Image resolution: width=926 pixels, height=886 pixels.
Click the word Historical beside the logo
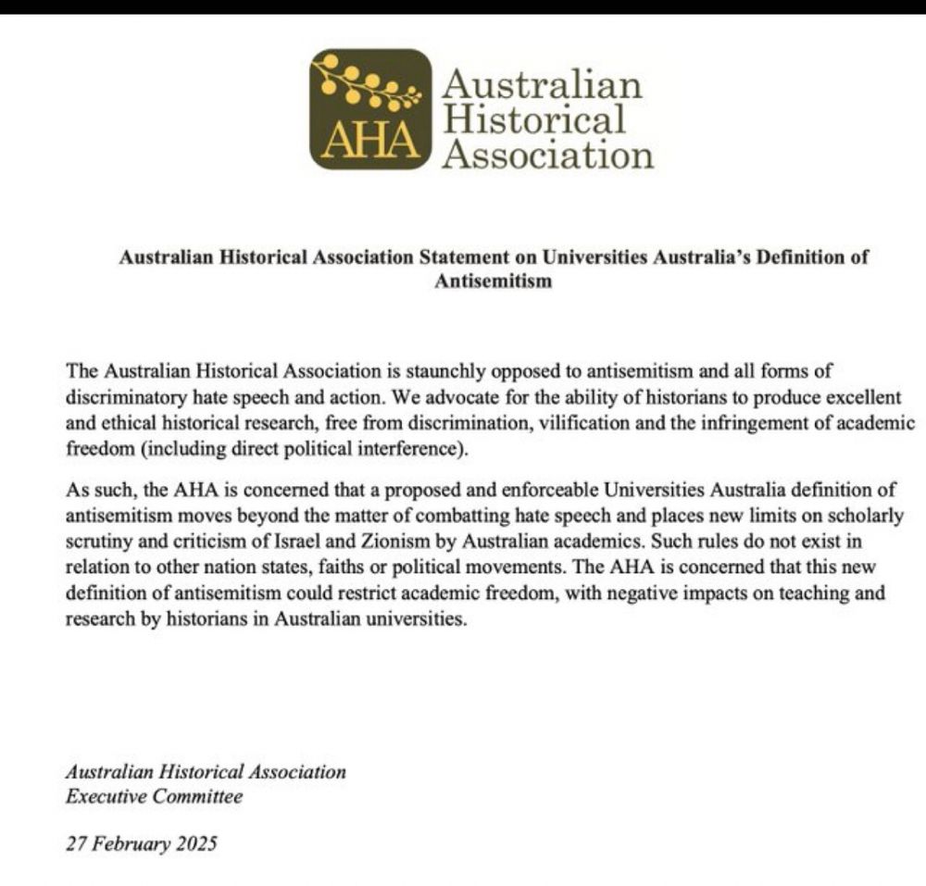tap(533, 119)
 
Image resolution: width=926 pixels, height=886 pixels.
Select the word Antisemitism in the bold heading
tap(493, 281)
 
